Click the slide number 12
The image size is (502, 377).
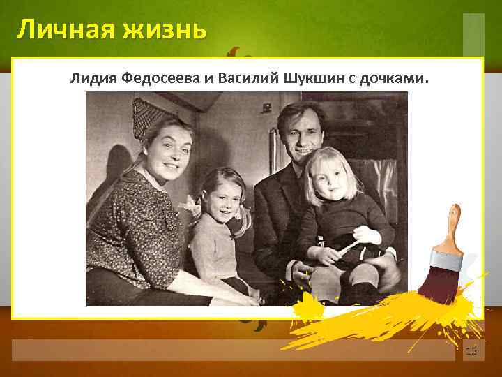(471, 350)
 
